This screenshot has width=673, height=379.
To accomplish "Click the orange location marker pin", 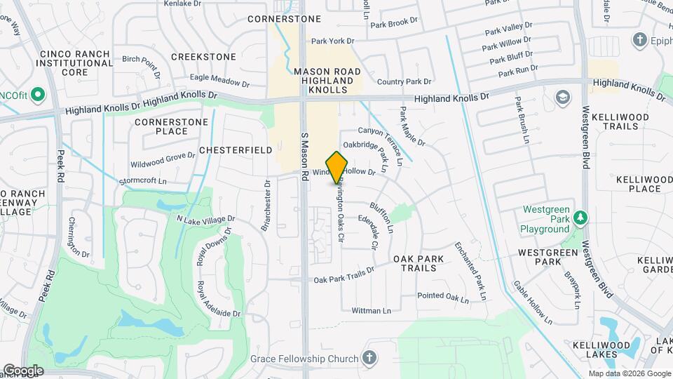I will coord(337,168).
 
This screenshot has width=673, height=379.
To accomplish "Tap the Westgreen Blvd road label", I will coord(587,136).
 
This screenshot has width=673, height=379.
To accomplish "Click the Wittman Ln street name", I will coord(371,310).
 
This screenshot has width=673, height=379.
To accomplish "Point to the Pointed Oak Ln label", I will coord(443,297).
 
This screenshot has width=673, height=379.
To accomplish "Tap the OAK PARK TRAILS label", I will coord(419,264).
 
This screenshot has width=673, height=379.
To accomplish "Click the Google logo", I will coord(23,371).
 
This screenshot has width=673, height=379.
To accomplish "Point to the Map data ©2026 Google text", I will coord(630,372).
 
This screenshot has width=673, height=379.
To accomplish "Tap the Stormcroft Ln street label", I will coord(147,180).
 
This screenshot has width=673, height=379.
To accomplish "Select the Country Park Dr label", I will coord(404,82).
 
